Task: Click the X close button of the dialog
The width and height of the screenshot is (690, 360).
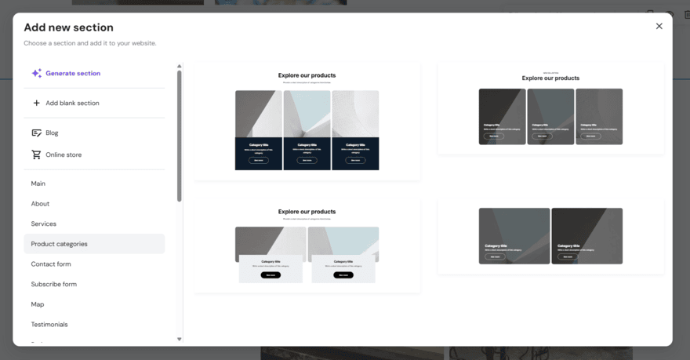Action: coord(659,26)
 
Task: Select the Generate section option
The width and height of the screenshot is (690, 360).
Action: coord(73,73)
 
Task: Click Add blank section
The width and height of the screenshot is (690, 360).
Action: coord(72,103)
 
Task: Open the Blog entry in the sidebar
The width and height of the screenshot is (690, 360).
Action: coord(52,133)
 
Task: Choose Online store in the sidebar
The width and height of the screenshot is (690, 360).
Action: coord(64,155)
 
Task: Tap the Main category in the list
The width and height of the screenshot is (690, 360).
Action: coord(38,184)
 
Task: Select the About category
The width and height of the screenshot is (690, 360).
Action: coord(40,204)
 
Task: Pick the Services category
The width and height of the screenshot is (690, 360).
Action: coord(44,224)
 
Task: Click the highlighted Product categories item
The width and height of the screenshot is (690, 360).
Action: coord(60,244)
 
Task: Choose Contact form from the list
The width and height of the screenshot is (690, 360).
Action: coord(51,264)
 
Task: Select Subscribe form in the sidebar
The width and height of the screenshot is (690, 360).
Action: coord(54,284)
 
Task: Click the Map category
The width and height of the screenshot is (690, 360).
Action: coord(38,304)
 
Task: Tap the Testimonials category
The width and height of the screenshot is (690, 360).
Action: coord(49,325)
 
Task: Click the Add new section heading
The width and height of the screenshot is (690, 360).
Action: coord(68,27)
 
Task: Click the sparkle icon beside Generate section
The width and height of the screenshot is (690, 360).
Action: coord(36,73)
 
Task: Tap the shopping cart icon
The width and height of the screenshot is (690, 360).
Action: coord(36,155)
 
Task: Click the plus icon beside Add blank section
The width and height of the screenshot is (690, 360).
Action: coord(36,103)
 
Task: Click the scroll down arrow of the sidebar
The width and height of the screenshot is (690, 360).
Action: coord(179,340)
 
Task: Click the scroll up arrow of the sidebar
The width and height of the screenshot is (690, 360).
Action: coord(179,66)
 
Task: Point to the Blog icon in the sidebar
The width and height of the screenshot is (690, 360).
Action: coord(36,133)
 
